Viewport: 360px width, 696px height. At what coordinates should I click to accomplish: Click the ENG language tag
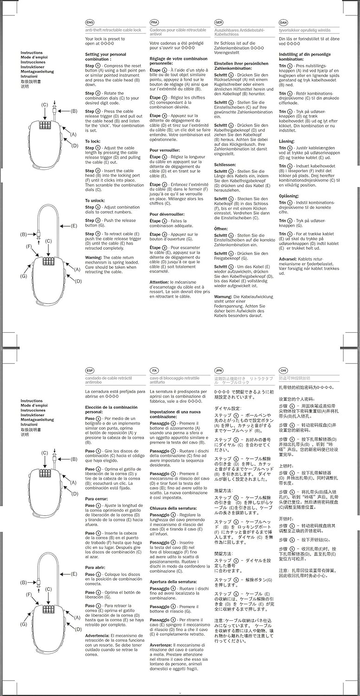pyautogui.click(x=90, y=22)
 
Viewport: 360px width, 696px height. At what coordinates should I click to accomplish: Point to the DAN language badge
pyautogui.click(x=283, y=22)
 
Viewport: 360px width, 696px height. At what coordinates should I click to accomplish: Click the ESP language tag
pyautogui.click(x=90, y=370)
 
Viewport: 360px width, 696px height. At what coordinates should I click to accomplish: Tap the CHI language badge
pyautogui.click(x=283, y=370)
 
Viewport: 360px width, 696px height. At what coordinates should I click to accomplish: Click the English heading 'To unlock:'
pyautogui.click(x=95, y=200)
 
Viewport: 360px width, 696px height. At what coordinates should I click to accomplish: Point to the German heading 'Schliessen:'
pyautogui.click(x=225, y=165)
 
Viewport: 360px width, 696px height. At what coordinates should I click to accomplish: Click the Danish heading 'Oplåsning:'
pyautogui.click(x=289, y=196)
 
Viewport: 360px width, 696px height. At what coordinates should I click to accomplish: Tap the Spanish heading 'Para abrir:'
pyautogui.click(x=96, y=567)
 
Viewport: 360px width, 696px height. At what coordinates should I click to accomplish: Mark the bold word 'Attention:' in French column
pyautogui.click(x=159, y=282)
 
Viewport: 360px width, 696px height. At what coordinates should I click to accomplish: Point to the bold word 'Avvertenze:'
pyautogui.click(x=161, y=645)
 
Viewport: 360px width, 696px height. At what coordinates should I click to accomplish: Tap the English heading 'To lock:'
pyautogui.click(x=93, y=141)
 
